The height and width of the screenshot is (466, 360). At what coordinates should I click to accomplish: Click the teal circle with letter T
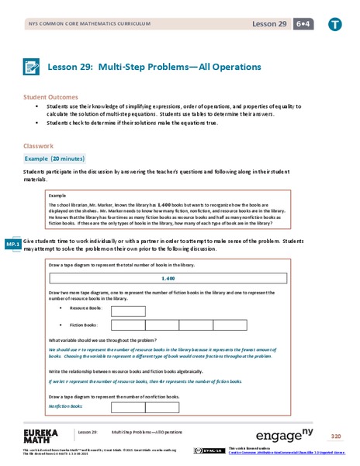(334, 24)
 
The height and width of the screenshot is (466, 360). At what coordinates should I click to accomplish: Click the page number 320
(335, 436)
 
